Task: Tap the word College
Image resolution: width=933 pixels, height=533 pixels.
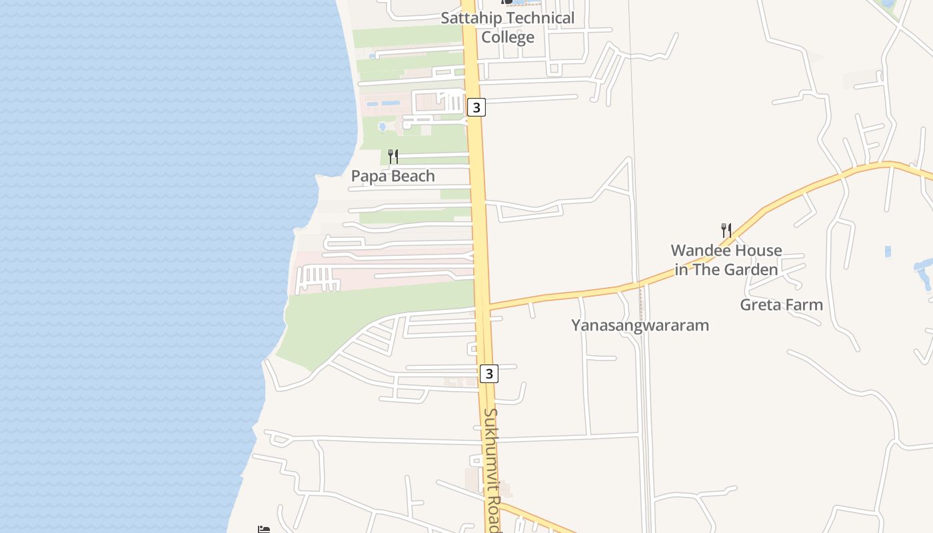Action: [x=508, y=37]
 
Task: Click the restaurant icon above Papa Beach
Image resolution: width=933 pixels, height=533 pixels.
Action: [x=393, y=157]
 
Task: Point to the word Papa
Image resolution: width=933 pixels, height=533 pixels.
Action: [x=369, y=177]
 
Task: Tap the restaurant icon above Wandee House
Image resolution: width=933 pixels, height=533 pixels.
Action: [x=726, y=231]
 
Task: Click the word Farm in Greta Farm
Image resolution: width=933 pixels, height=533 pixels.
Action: [x=804, y=305]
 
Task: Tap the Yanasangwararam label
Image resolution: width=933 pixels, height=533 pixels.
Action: [x=640, y=325]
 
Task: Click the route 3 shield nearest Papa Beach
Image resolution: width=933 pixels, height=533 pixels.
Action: [x=476, y=107]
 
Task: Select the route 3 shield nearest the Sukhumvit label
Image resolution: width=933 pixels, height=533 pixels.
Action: [x=489, y=374]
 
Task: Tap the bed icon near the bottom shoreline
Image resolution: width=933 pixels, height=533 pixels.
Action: [x=264, y=530]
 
